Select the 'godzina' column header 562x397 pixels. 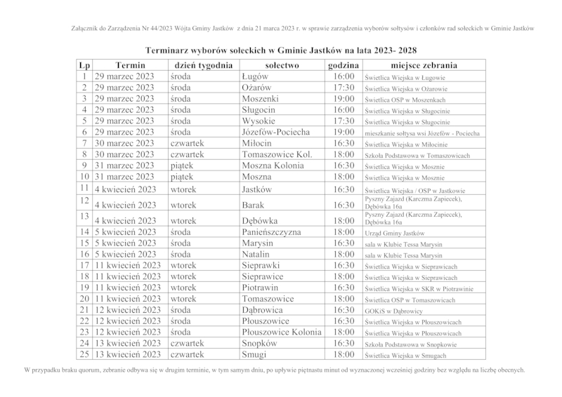pos(344,65)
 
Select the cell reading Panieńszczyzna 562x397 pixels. pos(271,231)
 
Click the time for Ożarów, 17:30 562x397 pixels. pos(344,87)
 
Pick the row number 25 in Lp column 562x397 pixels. pos(84,355)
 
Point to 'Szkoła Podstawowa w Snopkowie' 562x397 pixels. pos(410,344)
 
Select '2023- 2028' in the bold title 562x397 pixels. pos(393,51)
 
